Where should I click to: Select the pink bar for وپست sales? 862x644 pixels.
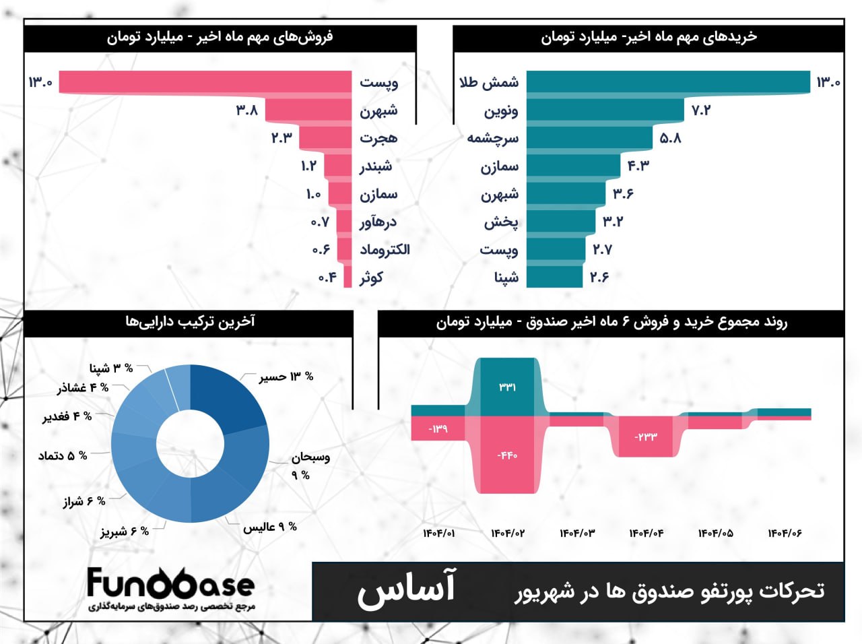[205, 82]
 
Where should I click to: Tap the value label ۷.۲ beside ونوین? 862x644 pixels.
[701, 110]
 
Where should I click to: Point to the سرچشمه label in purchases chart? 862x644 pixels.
[493, 138]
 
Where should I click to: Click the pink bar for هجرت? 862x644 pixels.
[326, 138]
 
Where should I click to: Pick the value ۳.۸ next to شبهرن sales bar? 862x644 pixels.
[247, 110]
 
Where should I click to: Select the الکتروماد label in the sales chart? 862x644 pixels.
[385, 249]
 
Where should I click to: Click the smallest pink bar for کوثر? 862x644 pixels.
[347, 277]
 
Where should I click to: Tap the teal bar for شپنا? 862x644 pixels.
[554, 277]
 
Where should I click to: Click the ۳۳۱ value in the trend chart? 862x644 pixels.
[507, 387]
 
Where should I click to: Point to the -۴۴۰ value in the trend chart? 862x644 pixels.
[507, 455]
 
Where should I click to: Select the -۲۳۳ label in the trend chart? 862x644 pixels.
[645, 437]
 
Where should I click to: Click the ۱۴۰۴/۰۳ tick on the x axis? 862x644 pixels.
[577, 534]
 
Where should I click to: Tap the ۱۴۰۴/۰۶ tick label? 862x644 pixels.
[785, 534]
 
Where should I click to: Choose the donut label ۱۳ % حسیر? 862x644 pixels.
[286, 377]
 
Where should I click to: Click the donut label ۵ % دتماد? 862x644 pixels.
[63, 456]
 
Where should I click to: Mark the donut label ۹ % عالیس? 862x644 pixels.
[270, 527]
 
